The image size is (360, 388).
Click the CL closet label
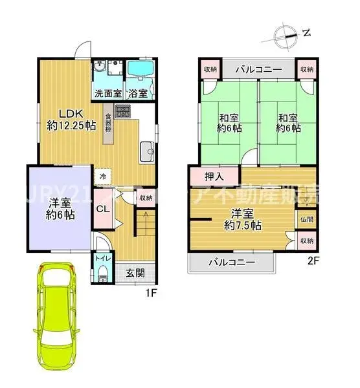pos(103,208)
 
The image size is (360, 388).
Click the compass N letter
pos(307,31)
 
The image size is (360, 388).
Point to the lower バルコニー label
pos(231,263)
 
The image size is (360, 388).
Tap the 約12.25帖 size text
pos(71,127)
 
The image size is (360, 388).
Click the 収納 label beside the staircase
pos(146,198)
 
